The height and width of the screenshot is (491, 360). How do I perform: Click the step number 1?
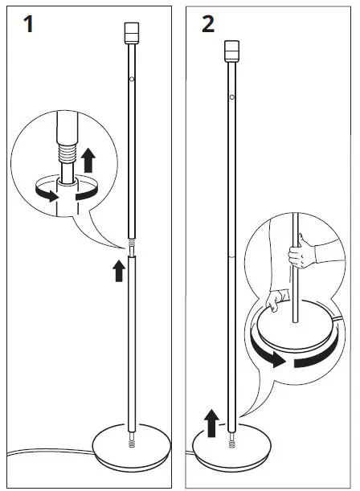29,24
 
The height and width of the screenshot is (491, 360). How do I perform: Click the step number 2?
208,24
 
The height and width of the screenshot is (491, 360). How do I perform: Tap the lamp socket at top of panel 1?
132,32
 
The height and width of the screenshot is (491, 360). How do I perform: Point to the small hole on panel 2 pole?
231,97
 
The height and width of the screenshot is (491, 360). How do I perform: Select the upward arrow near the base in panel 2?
211,420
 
